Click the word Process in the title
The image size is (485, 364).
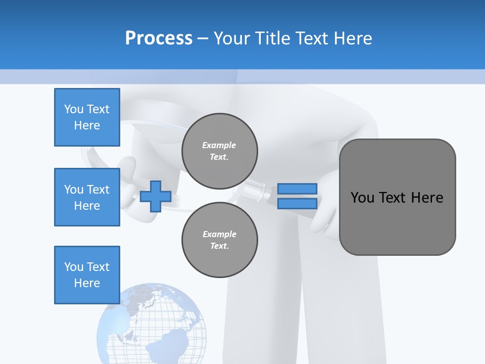(159, 38)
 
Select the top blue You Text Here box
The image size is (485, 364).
(87, 117)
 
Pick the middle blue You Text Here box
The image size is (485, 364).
(87, 197)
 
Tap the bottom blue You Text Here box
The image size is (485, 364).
(87, 275)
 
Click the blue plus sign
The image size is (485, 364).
(156, 197)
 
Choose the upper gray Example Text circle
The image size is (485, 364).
(220, 151)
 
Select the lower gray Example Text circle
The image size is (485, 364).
(220, 240)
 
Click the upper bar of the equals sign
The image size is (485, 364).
(298, 189)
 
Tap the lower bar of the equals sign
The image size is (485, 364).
(298, 204)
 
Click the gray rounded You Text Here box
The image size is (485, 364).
(397, 197)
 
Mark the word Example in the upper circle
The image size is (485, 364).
(219, 145)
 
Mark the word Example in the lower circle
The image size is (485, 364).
(219, 234)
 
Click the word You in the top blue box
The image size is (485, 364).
(74, 109)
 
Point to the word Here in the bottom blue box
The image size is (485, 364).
(87, 283)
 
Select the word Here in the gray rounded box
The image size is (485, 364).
(427, 198)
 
